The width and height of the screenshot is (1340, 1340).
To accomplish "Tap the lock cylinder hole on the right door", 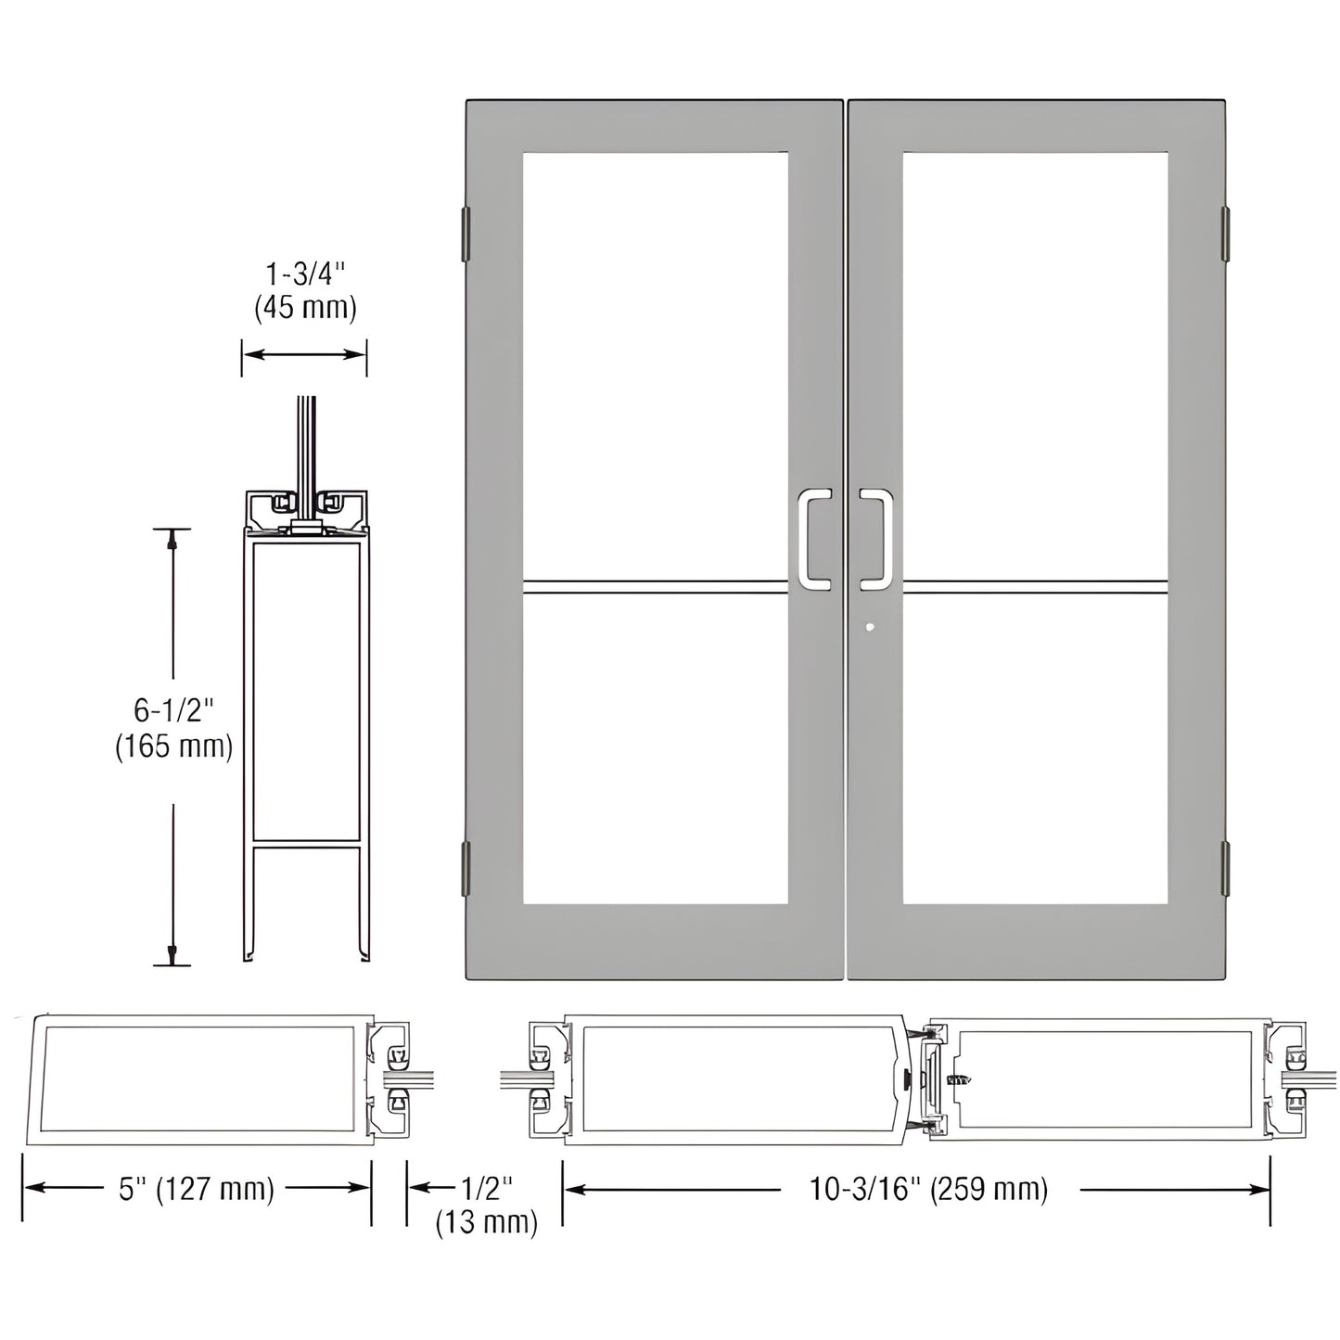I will click(869, 628).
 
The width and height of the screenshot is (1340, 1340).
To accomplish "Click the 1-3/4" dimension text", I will click(305, 274).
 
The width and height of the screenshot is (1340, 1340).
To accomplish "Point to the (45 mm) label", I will click(305, 308).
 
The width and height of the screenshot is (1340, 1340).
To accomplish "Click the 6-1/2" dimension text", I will click(173, 711).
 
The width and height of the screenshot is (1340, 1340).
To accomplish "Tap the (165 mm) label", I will click(173, 746).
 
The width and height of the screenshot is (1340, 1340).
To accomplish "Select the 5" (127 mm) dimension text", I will click(197, 1189).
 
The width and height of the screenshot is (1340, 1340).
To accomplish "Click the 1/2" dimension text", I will click(487, 1188).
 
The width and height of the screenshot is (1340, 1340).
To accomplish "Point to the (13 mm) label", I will click(487, 1222).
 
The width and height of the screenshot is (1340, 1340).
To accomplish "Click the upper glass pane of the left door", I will click(655, 362).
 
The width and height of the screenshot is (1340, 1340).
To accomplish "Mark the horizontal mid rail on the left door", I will click(655, 586).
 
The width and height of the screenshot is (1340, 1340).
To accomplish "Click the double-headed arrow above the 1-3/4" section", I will click(304, 354).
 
